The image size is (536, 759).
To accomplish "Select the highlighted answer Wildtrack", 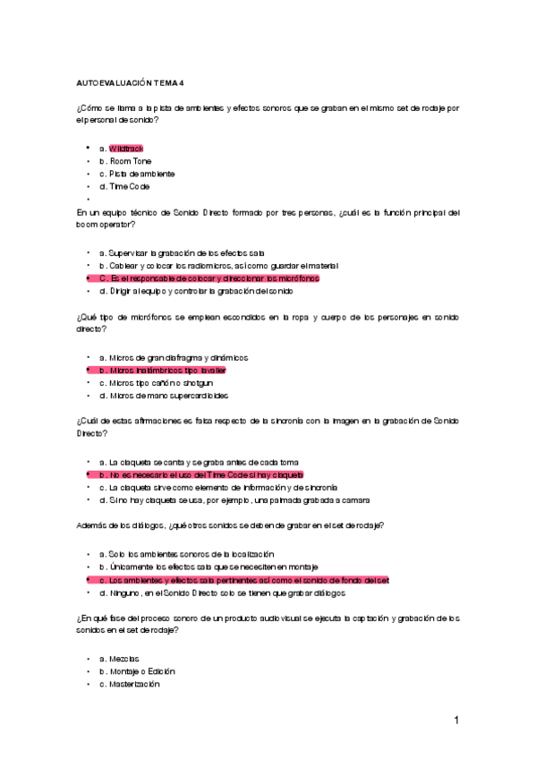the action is click(x=126, y=148).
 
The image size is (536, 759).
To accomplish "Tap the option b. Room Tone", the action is click(x=125, y=161).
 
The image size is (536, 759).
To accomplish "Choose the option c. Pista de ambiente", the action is click(x=137, y=174).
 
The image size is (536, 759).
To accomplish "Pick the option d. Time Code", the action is click(x=124, y=186).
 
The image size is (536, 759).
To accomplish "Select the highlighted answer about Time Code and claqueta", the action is click(x=201, y=474).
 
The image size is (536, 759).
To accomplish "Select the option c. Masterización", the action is click(x=129, y=684).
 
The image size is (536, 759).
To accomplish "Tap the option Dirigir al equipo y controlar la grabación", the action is click(x=196, y=291).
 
